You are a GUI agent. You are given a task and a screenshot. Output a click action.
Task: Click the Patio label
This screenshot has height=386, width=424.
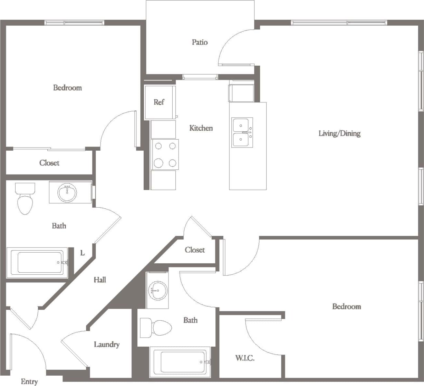pyautogui.click(x=200, y=42)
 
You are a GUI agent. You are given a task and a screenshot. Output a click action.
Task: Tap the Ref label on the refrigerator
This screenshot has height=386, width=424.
pyautogui.click(x=159, y=102)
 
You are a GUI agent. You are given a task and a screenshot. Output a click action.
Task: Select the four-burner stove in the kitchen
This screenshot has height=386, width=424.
pyautogui.click(x=165, y=154)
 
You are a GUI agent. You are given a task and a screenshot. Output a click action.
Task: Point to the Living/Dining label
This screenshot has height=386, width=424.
pyautogui.click(x=339, y=133)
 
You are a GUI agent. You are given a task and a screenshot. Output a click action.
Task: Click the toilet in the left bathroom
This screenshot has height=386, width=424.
pyautogui.click(x=25, y=200)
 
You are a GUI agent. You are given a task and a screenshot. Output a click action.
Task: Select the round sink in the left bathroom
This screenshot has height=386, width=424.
pyautogui.click(x=67, y=192)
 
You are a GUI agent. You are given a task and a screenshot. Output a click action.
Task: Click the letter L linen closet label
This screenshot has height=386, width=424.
pyautogui.click(x=83, y=253)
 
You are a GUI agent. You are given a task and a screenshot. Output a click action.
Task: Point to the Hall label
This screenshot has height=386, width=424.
pyautogui.click(x=100, y=280)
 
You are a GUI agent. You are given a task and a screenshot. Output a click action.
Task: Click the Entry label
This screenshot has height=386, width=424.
pyautogui.click(x=29, y=382)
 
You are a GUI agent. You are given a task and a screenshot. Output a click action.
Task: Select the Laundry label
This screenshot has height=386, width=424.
pyautogui.click(x=107, y=345)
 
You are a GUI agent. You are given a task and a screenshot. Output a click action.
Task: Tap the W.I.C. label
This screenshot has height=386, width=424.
pyautogui.click(x=245, y=358)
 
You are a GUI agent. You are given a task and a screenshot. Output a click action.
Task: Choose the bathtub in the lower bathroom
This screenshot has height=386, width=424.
pyautogui.click(x=181, y=362)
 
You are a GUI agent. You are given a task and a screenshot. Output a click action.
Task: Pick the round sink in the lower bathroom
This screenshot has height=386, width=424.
pyautogui.click(x=157, y=290)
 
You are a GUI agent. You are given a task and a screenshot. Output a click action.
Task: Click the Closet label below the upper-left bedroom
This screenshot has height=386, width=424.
pyautogui.click(x=49, y=163)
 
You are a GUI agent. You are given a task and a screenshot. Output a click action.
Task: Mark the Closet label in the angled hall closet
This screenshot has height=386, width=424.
pyautogui.click(x=195, y=250)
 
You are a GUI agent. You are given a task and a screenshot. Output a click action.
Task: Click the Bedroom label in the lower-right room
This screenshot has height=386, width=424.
pyautogui.click(x=346, y=307)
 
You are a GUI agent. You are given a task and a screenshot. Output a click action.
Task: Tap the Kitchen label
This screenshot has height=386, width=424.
pyautogui.click(x=201, y=128)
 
